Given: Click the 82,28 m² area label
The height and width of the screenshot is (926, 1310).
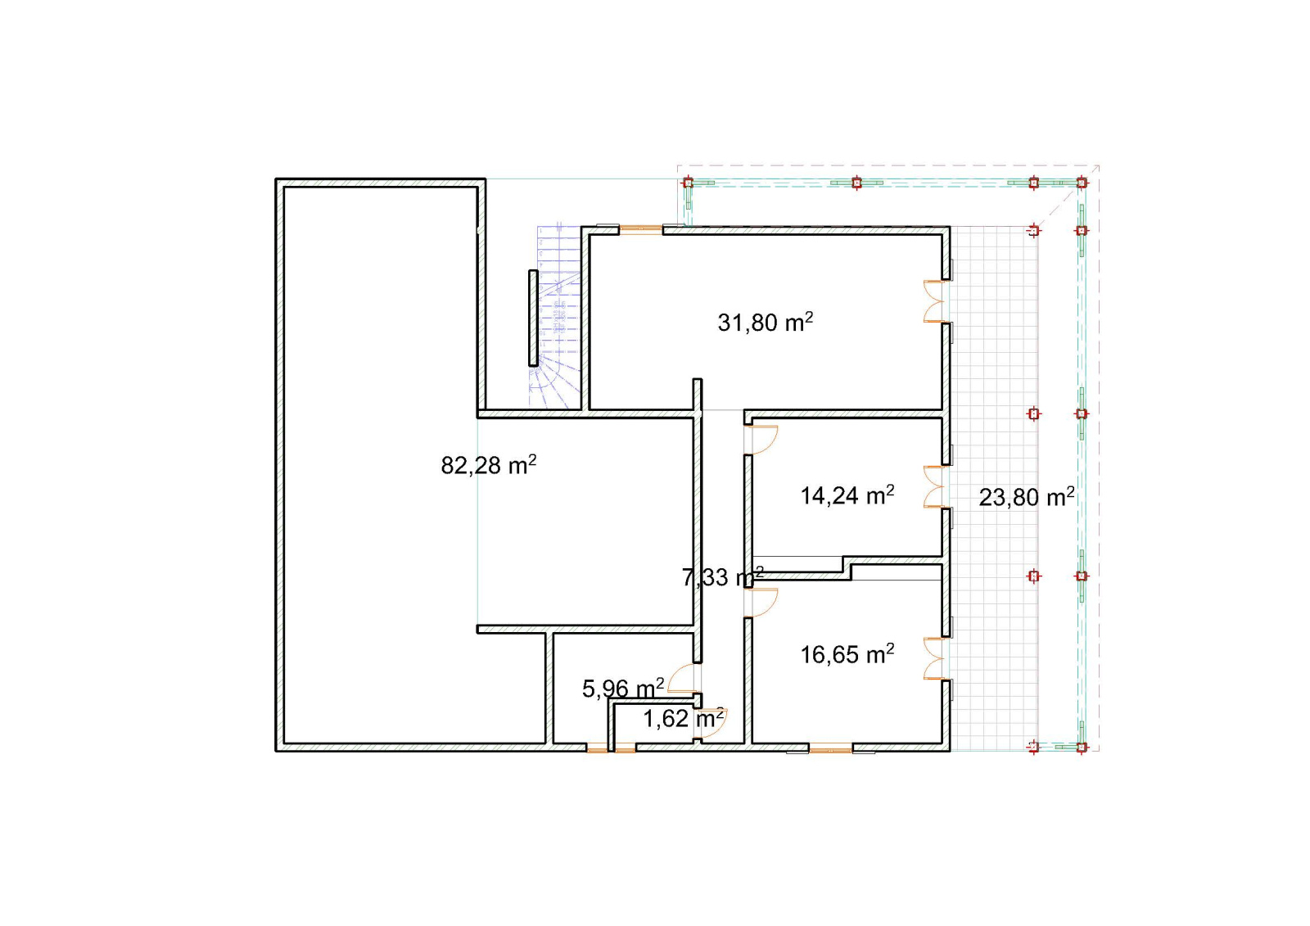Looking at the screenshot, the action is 488,465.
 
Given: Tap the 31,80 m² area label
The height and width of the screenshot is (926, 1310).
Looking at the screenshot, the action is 765,322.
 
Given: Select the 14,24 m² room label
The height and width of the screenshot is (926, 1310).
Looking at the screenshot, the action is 847,495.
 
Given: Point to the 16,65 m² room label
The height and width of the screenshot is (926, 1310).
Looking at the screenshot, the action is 847,654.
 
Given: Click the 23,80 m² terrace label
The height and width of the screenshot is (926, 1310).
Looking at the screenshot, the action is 1027,497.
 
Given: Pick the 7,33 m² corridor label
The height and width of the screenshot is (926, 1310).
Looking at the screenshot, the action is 723,576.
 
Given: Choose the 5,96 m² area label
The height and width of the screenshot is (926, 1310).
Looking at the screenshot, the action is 623,688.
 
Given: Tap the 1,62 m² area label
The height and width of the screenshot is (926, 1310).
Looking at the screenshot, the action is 684,718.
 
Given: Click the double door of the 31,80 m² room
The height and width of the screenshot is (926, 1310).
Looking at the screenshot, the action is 934,301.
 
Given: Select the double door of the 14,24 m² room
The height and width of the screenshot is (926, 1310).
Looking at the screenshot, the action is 934,486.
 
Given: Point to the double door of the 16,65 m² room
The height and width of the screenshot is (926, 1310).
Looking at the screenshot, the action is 934,658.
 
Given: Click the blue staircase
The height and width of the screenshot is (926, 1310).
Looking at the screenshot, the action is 558,316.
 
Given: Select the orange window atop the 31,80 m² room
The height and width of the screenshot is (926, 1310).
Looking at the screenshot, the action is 640,230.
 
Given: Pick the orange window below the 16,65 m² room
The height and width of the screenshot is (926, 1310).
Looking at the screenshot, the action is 830,747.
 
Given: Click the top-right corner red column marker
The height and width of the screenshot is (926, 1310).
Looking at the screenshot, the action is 1082,183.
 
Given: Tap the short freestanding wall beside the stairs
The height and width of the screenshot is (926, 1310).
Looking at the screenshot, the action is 533,318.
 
